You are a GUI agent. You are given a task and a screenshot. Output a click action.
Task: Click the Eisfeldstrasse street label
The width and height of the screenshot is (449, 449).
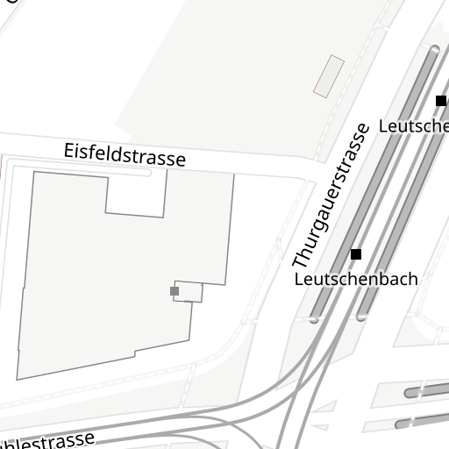pyautogui.click(x=125, y=154)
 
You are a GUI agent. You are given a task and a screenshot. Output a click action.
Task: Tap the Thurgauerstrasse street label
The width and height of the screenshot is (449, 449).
pyautogui.click(x=331, y=196)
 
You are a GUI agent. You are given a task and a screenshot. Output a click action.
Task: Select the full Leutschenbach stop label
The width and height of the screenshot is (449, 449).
pyautogui.click(x=356, y=280)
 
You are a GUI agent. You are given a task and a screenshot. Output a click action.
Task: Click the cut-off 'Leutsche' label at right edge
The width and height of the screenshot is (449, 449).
pyautogui.click(x=413, y=126)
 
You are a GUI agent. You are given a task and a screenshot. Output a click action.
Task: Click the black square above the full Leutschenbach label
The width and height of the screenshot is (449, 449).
pyautogui.click(x=356, y=254)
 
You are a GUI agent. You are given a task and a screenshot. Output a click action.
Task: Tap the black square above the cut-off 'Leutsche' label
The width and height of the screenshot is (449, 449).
pyautogui.click(x=441, y=101)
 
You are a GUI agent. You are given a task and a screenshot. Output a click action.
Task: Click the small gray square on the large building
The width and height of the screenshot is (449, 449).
pyautogui.click(x=175, y=291)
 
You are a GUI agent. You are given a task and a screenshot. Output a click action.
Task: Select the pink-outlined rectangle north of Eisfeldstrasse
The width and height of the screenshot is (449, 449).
pyautogui.click(x=329, y=76)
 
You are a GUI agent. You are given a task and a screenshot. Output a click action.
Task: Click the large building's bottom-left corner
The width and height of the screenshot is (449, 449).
pyautogui.click(x=18, y=379)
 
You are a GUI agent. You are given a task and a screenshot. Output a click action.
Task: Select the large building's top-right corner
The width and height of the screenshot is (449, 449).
pyautogui.click(x=233, y=173)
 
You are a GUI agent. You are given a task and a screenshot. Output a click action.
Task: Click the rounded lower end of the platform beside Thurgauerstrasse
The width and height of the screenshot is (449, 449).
pyautogui.click(x=315, y=318)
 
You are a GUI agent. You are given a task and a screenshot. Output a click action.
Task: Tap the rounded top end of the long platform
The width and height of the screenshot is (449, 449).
pyautogui.click(x=433, y=51)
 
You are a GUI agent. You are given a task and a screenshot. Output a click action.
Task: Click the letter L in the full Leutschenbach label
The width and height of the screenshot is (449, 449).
pyautogui.click(x=299, y=280)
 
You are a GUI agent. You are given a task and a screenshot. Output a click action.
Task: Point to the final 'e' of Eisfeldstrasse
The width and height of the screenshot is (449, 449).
pyautogui.click(x=181, y=160)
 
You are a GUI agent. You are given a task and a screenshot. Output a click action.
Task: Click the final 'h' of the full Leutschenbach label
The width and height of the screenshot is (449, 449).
pyautogui.click(x=412, y=280)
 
